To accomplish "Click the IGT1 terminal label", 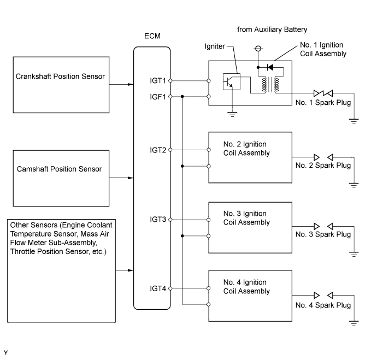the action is (x=158, y=81).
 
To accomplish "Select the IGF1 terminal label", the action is (x=158, y=97).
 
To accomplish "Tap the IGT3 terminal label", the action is (x=158, y=220).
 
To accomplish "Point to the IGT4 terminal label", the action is (x=158, y=288).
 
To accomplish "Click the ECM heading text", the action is (x=152, y=36).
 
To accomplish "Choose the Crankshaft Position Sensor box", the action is (x=61, y=85).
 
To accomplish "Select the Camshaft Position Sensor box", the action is (x=61, y=178).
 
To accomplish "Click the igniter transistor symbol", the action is (x=232, y=82).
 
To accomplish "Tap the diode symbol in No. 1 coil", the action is (x=270, y=67).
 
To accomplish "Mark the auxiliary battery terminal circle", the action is (x=258, y=49).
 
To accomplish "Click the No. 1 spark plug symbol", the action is (x=323, y=93).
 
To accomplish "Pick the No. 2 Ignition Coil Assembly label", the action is (x=246, y=149).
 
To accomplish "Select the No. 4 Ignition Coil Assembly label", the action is (x=246, y=286).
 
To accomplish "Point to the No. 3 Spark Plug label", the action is (x=323, y=234).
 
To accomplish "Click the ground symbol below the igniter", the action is (x=232, y=114).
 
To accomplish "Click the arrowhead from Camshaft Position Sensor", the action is (x=131, y=178).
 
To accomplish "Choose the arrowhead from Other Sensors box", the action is (x=131, y=270).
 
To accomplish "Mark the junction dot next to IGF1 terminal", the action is (x=182, y=96).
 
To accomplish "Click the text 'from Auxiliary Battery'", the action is (x=272, y=29).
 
